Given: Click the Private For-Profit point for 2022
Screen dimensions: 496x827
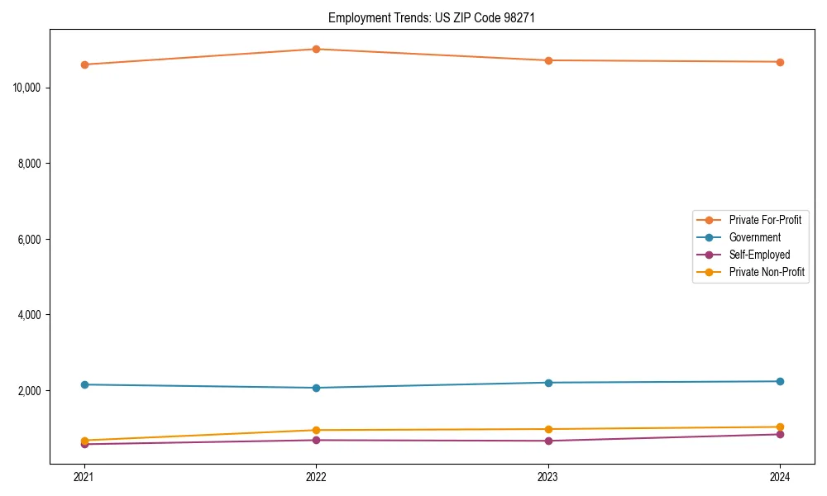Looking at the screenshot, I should (316, 49).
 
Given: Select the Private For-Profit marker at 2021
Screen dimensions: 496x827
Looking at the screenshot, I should (84, 64).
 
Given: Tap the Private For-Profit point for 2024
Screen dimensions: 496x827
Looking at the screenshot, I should (780, 62).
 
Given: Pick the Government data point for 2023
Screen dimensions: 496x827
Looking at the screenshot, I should (548, 383).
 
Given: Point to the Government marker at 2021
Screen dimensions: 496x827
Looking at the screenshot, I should (84, 384).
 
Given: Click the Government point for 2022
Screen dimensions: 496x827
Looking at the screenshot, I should (316, 388).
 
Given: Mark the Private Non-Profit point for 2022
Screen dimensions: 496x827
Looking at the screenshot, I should (316, 430).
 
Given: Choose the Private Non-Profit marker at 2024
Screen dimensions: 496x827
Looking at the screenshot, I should (780, 427).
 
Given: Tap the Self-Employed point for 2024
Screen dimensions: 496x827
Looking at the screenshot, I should (780, 434).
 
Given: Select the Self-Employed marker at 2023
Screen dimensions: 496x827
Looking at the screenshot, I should (548, 441).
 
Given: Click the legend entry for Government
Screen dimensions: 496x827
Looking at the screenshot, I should (754, 237).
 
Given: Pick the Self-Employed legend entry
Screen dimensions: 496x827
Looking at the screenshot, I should (759, 255).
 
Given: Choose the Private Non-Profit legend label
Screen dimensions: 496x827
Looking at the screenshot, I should (767, 272).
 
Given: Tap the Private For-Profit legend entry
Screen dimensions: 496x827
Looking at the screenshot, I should (765, 220).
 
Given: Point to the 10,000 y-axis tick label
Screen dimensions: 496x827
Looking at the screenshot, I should (29, 88).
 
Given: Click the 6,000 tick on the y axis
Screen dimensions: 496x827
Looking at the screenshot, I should (31, 240).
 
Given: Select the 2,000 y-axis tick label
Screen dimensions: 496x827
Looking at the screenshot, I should (31, 391).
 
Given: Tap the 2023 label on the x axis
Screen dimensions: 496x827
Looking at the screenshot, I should (548, 476).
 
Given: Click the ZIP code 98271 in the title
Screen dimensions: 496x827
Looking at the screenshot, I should (519, 17).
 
